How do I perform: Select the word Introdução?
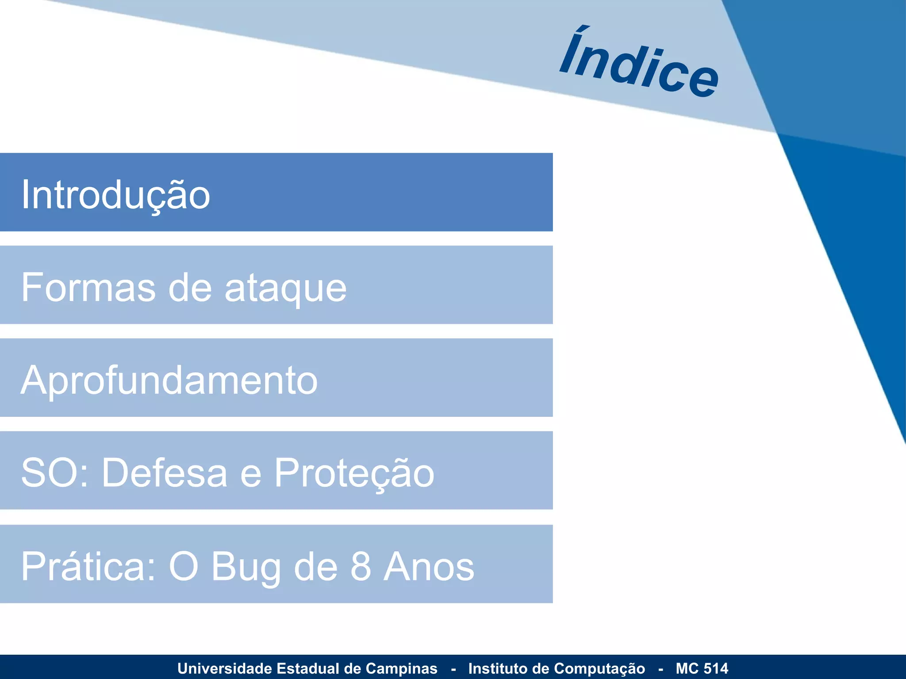(x=116, y=195)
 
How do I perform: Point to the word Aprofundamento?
(x=169, y=381)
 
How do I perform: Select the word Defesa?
(x=165, y=473)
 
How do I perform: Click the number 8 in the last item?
(x=361, y=567)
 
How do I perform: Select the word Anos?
(x=429, y=567)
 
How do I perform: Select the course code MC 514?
(x=702, y=668)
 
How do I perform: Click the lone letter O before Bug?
(x=183, y=567)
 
